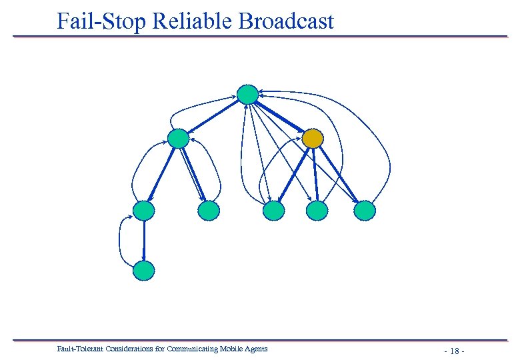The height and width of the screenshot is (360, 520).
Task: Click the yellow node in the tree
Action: click(x=313, y=139)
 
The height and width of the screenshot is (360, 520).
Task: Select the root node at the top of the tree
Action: click(x=247, y=95)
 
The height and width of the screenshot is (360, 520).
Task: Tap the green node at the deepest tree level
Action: click(x=143, y=270)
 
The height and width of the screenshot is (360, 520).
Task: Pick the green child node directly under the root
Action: click(x=178, y=139)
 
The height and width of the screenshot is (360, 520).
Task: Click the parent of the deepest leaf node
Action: click(x=143, y=211)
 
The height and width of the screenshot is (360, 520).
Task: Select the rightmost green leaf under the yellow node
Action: click(x=365, y=211)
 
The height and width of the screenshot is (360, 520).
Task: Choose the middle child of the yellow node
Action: click(x=317, y=211)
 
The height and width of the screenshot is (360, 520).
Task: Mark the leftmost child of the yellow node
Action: click(x=273, y=211)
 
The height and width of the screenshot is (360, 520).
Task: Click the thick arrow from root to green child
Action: click(x=213, y=117)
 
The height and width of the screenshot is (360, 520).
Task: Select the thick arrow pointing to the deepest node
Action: click(x=143, y=240)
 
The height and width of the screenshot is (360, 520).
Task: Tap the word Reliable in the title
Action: click(x=193, y=21)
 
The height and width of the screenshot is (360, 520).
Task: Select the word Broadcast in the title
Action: click(x=286, y=21)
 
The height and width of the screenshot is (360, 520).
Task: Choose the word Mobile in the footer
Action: click(x=234, y=349)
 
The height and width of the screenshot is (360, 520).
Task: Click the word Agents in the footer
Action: click(x=257, y=349)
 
